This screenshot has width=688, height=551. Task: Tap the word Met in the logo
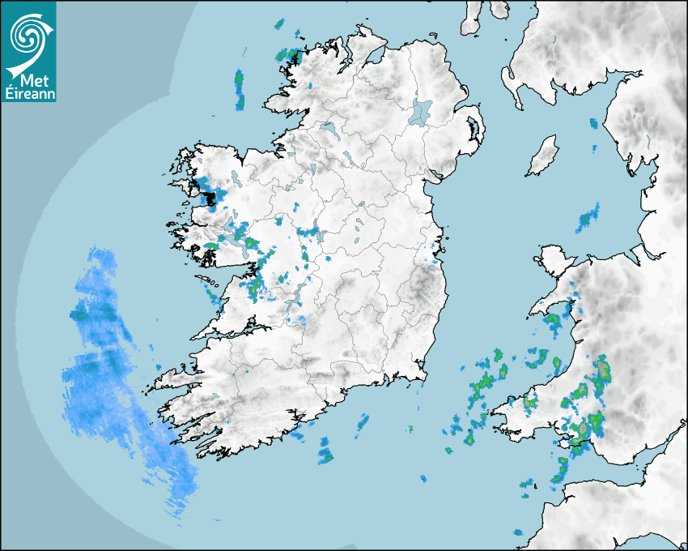[x=31, y=81]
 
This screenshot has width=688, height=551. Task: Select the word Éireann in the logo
[x=28, y=94]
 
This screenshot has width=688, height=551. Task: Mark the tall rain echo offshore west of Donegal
[x=239, y=89]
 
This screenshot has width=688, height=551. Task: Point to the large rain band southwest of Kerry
[x=121, y=381]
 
